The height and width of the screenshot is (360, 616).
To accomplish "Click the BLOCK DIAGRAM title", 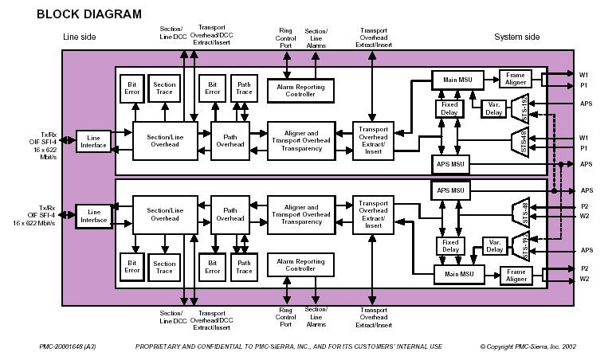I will pyautogui.click(x=89, y=14).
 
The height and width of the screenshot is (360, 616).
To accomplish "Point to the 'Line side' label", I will pyautogui.click(x=79, y=37).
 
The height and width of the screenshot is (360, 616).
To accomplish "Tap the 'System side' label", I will pyautogui.click(x=516, y=37).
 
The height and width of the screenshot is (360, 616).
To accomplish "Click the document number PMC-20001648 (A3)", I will pyautogui.click(x=67, y=347).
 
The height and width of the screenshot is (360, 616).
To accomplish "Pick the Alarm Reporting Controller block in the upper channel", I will pyautogui.click(x=300, y=90).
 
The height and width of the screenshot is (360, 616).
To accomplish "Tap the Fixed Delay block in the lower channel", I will pyautogui.click(x=450, y=245).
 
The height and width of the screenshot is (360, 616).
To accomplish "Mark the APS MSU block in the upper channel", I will pyautogui.click(x=452, y=164).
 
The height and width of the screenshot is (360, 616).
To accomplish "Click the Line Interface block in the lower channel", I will pyautogui.click(x=93, y=215).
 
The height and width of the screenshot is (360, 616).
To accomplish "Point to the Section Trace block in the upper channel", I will pyautogui.click(x=164, y=89).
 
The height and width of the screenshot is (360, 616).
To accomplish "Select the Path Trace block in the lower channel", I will pyautogui.click(x=245, y=267).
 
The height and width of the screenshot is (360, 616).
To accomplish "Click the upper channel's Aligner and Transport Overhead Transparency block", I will pyautogui.click(x=300, y=140).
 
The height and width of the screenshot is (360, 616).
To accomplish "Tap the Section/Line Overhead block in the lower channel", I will pyautogui.click(x=165, y=213).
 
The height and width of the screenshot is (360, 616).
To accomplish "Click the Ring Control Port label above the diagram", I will pyautogui.click(x=284, y=37).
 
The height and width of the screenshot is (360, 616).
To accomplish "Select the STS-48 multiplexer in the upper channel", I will pyautogui.click(x=519, y=140).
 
